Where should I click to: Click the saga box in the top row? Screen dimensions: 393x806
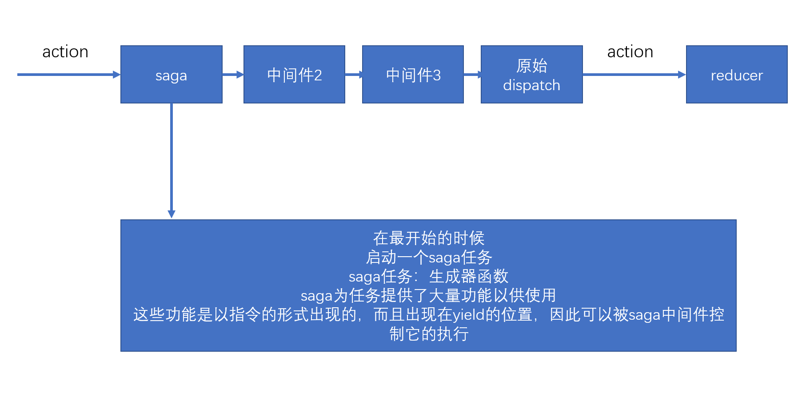(171, 75)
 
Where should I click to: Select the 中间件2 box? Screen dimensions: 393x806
(294, 75)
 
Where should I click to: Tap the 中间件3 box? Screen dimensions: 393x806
(413, 75)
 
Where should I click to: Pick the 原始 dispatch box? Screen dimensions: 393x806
(531, 75)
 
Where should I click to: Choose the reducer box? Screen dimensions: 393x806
(737, 75)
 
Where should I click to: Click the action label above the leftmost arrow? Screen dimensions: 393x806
(65, 52)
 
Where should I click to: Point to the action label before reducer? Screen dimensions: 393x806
(630, 52)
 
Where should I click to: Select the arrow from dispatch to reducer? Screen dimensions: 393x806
(634, 75)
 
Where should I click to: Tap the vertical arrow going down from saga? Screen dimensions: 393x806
(172, 160)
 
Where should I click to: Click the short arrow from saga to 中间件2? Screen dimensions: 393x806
(233, 75)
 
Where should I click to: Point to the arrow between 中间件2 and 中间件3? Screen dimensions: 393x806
(354, 75)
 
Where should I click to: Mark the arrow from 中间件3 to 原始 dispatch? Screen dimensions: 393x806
(472, 75)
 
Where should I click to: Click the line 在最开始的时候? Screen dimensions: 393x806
(428, 238)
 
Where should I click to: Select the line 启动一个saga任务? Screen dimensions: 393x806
(428, 258)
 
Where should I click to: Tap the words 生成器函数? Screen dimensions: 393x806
(468, 277)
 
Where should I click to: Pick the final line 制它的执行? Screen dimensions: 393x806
(428, 334)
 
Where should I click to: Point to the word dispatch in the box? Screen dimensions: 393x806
(531, 85)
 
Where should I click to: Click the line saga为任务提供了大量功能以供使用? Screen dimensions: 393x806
(428, 296)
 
